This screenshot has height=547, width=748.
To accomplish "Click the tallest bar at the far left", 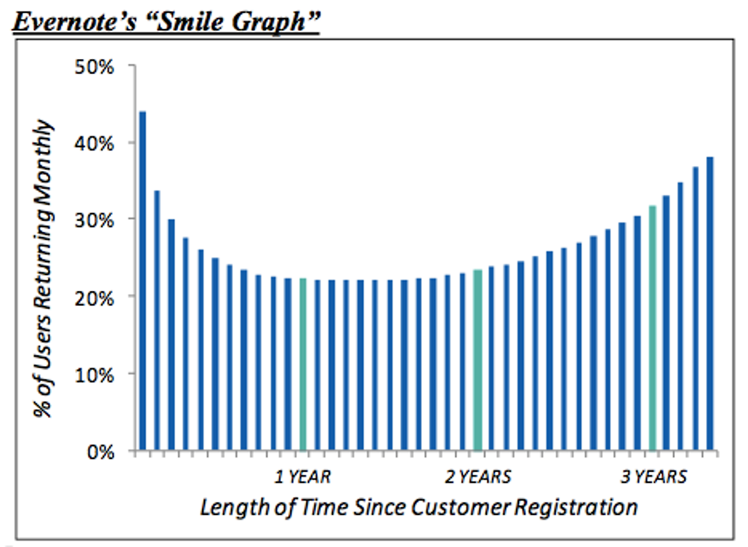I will tap(142, 280).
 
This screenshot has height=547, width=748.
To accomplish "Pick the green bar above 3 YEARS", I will tap(652, 327).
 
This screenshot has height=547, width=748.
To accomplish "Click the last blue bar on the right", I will tap(710, 304).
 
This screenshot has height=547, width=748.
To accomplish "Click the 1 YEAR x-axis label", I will tap(303, 477).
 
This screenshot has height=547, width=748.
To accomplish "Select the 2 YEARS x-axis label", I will tap(477, 477).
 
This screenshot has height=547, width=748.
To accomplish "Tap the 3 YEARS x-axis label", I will tap(653, 477).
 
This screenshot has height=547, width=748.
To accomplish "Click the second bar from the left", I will tap(157, 320).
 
